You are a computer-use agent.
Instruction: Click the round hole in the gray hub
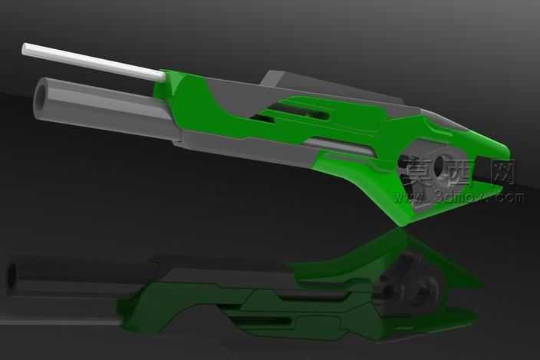tap(442, 166)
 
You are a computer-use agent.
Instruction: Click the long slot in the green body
tap(299, 115)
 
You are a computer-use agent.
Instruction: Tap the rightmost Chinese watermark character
tap(503, 173)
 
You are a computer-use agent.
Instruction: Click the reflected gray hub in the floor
tap(418, 288)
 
